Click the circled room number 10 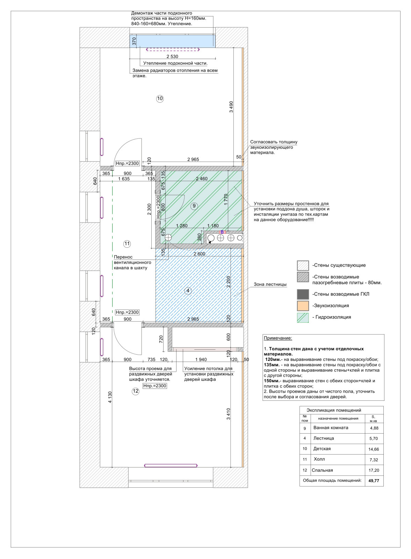click(x=160, y=99)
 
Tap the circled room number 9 click(x=194, y=206)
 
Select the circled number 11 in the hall click(x=127, y=244)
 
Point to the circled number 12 click(x=135, y=391)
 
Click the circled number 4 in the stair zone click(x=188, y=290)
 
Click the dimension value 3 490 click(x=231, y=107)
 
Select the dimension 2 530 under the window click(x=172, y=56)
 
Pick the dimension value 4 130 click(x=110, y=397)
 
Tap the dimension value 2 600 click(x=199, y=254)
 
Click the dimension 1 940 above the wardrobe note click(x=201, y=360)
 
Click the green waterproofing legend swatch click(x=303, y=318)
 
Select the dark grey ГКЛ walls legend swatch click(x=303, y=294)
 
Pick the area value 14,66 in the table click(x=374, y=449)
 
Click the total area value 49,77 click(x=374, y=481)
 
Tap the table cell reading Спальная click(x=322, y=470)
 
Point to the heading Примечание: click(x=278, y=338)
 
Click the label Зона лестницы click(x=270, y=284)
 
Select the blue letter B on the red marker click(x=222, y=232)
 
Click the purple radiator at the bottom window click(x=171, y=465)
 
